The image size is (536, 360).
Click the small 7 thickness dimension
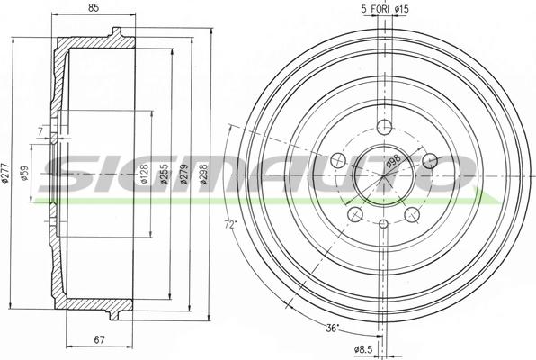(40, 132)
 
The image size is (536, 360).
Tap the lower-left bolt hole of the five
(355, 214)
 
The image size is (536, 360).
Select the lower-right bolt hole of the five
(413, 214)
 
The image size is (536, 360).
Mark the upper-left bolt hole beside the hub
(338, 160)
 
